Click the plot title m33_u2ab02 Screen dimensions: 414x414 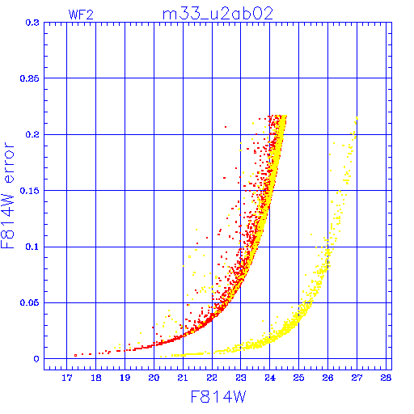[x=218, y=14]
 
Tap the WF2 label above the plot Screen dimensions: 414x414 [x=81, y=15]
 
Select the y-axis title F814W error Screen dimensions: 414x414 [x=7, y=196]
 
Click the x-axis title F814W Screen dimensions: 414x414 [x=218, y=397]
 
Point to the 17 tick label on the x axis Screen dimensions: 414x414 [x=67, y=378]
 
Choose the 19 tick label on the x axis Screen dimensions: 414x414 [x=125, y=378]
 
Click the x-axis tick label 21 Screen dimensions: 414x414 [x=183, y=378]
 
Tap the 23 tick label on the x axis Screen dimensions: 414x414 [x=241, y=378]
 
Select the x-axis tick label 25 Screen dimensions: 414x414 [x=298, y=378]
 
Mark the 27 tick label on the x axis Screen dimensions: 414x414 [x=357, y=378]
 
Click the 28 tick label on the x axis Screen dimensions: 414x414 [x=386, y=378]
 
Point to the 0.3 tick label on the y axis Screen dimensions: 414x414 [x=32, y=23]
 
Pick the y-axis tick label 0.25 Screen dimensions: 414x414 [x=30, y=78]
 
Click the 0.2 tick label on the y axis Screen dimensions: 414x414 [x=32, y=134]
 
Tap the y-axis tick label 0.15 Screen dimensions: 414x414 [x=30, y=191]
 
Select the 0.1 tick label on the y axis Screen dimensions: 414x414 [x=32, y=247]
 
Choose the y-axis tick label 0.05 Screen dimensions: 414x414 [x=30, y=302]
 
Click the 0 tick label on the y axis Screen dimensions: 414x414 [x=36, y=359]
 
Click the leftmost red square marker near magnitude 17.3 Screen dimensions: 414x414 [x=76, y=356]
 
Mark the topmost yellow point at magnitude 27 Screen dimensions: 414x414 [x=357, y=118]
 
